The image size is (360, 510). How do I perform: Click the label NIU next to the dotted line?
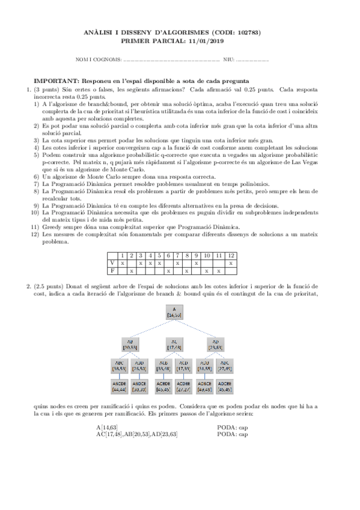(228, 60)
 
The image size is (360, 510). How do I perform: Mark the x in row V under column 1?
(122, 263)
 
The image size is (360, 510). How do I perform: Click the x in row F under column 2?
(132, 271)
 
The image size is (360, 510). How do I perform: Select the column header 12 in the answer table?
(231, 256)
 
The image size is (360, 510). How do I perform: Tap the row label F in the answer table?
(112, 271)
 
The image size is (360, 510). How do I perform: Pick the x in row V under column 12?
(231, 263)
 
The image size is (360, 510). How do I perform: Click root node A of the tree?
(174, 312)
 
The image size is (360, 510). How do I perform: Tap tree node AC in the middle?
(174, 343)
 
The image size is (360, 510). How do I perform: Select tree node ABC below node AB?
(118, 366)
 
